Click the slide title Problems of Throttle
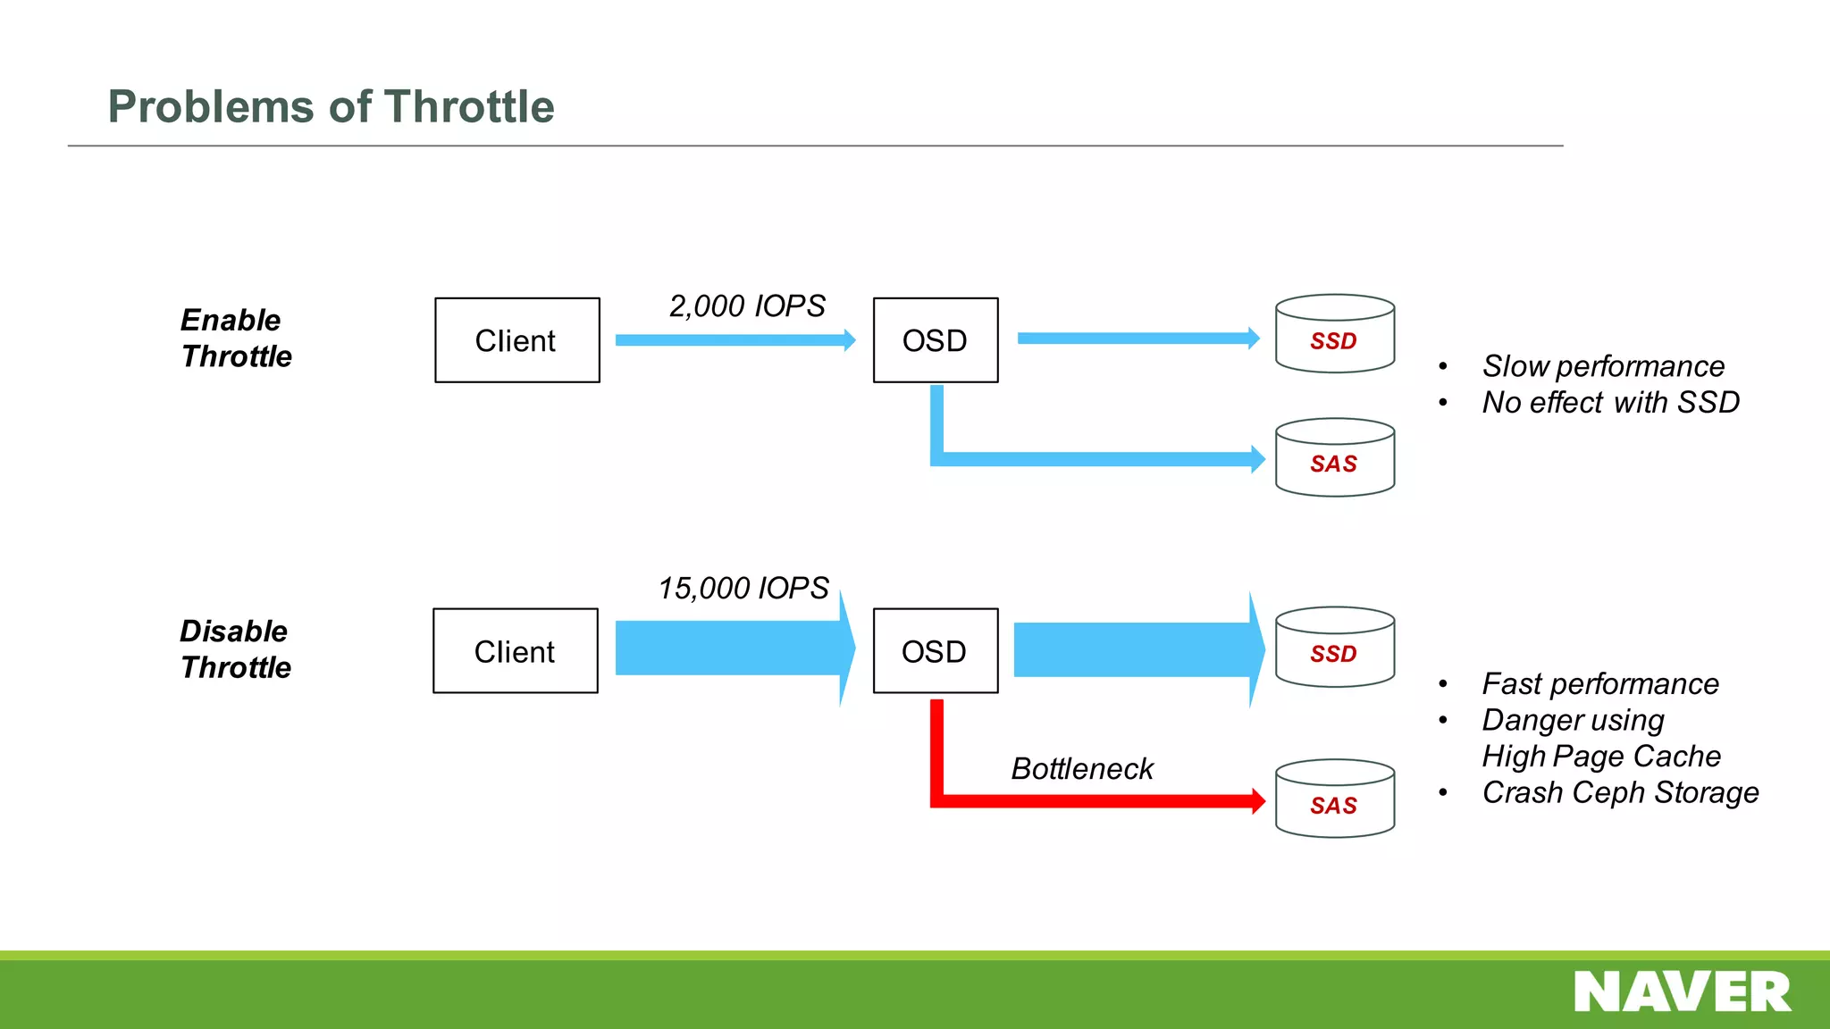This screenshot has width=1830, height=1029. coord(331,107)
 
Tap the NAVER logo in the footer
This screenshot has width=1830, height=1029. coord(1682,991)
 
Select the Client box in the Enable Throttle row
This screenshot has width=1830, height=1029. coord(516,340)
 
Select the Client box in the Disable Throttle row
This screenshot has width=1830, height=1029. coord(515,651)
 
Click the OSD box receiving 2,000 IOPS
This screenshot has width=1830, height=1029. coord(935,340)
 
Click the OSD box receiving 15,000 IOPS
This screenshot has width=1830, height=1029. coord(935,651)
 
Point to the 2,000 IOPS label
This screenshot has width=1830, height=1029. coord(747,306)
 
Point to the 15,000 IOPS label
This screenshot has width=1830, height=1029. coord(743,589)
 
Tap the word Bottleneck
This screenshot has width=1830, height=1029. coord(1082,769)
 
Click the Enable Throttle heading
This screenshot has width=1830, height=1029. coord(236,339)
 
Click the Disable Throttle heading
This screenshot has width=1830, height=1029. coord(235,649)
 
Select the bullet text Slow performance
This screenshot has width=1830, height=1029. coord(1603,366)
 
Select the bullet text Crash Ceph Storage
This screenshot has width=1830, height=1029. coord(1619,792)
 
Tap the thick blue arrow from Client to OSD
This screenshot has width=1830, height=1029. coord(733,648)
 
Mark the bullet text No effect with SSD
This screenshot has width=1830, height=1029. coord(1610,403)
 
